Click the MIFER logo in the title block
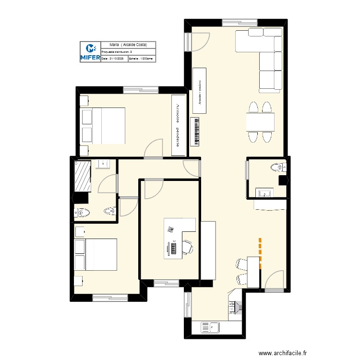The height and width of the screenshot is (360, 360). click(x=90, y=52)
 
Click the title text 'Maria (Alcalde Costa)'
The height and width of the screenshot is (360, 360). click(x=128, y=44)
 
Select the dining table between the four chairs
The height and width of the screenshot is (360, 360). click(x=260, y=122)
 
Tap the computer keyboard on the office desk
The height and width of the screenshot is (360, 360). click(x=173, y=248)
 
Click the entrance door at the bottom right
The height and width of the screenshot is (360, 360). click(x=274, y=281)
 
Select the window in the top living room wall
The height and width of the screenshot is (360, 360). click(x=240, y=22)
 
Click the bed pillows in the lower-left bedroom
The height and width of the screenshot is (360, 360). click(x=80, y=254)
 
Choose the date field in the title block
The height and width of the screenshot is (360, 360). click(x=114, y=58)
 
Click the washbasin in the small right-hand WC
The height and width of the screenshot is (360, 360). click(x=264, y=193)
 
